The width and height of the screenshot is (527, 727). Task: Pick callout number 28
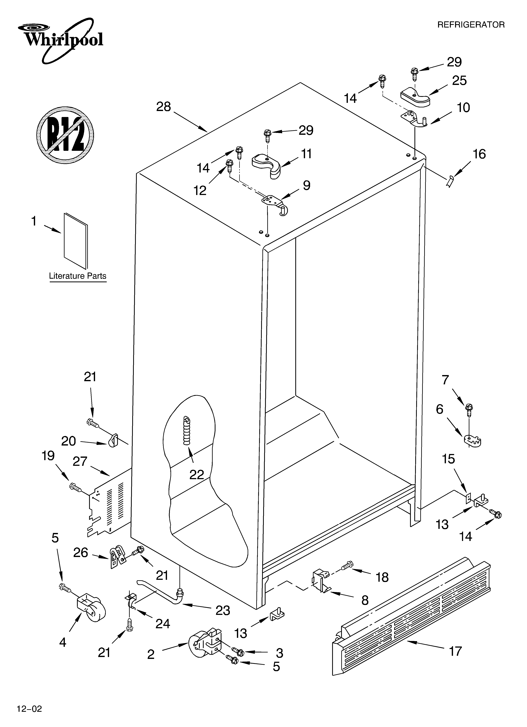point(163,107)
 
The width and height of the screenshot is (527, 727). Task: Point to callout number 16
point(479,154)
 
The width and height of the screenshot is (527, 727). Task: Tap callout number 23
point(223,611)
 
